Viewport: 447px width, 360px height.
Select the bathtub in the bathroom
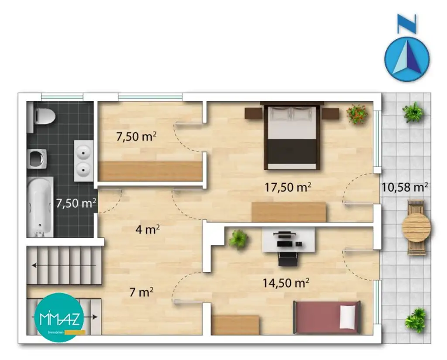[40, 206]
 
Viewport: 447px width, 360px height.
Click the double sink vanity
[83, 160]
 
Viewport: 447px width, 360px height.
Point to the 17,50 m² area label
[288, 187]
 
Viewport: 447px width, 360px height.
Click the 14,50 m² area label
[286, 282]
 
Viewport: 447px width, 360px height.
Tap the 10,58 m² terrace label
[404, 187]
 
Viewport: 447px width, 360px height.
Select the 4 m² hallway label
[147, 230]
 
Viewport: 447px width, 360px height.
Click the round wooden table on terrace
[416, 227]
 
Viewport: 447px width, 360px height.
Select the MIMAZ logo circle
[58, 318]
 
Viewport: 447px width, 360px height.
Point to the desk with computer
[288, 240]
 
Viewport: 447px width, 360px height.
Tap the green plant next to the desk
[238, 239]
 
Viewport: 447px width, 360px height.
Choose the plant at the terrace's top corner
[413, 113]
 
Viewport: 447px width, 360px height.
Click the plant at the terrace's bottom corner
[415, 320]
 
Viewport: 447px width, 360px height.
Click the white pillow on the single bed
[348, 317]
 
